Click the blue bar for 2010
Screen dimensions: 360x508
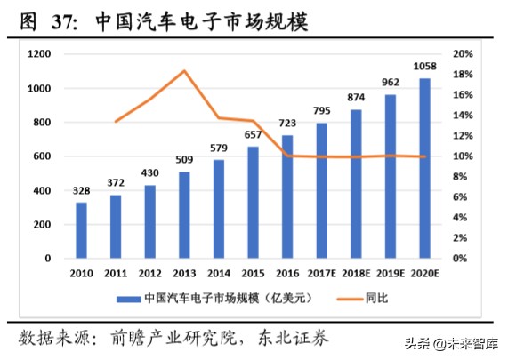point(81,230)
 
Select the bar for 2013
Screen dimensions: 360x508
point(184,214)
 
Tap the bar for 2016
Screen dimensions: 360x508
point(287,196)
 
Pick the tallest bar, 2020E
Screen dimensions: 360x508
point(424,168)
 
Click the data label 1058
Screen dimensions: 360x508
point(424,68)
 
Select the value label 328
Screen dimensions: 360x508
point(81,191)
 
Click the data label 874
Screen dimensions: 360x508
point(356,99)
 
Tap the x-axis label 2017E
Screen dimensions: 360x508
point(322,271)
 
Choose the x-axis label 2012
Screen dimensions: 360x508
point(149,271)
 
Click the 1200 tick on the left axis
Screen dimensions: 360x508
point(39,54)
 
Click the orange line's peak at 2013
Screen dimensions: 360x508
point(184,70)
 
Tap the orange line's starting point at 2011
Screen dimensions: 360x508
point(116,121)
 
